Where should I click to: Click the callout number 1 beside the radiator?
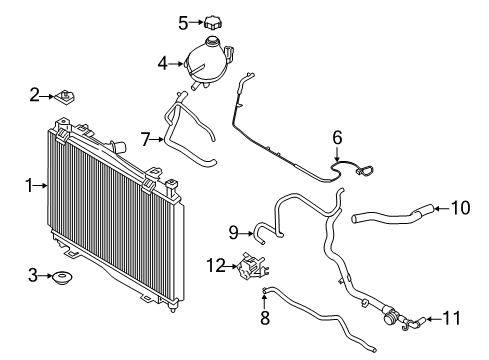coord(29,184)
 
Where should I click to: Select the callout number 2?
coord(34,95)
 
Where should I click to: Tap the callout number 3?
coord(33,275)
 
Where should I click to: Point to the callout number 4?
coord(162,64)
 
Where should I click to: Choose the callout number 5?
coord(183,21)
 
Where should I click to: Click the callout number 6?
coord(337,137)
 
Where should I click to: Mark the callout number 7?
coord(145,139)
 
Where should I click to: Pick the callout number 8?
coord(264,318)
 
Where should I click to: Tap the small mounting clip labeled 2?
coord(68,97)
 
